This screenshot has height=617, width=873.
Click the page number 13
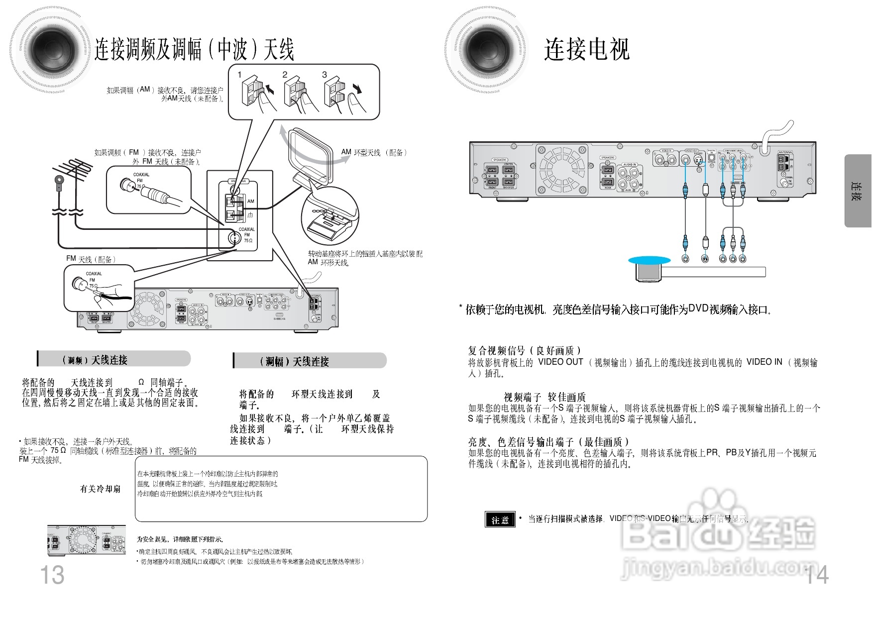52,575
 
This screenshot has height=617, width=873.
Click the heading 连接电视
587,49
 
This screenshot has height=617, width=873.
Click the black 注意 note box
500,519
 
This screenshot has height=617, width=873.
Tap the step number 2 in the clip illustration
285,75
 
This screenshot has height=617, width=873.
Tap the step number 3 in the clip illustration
325,75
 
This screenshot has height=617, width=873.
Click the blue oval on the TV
650,260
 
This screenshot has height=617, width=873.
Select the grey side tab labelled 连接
858,191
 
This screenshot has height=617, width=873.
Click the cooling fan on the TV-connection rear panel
561,170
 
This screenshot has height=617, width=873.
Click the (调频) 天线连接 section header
95,360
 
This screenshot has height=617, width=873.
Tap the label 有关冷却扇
101,489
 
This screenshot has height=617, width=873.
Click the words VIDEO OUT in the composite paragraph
560,362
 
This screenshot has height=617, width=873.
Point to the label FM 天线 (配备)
91,259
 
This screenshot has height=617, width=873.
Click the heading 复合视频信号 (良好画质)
525,350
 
